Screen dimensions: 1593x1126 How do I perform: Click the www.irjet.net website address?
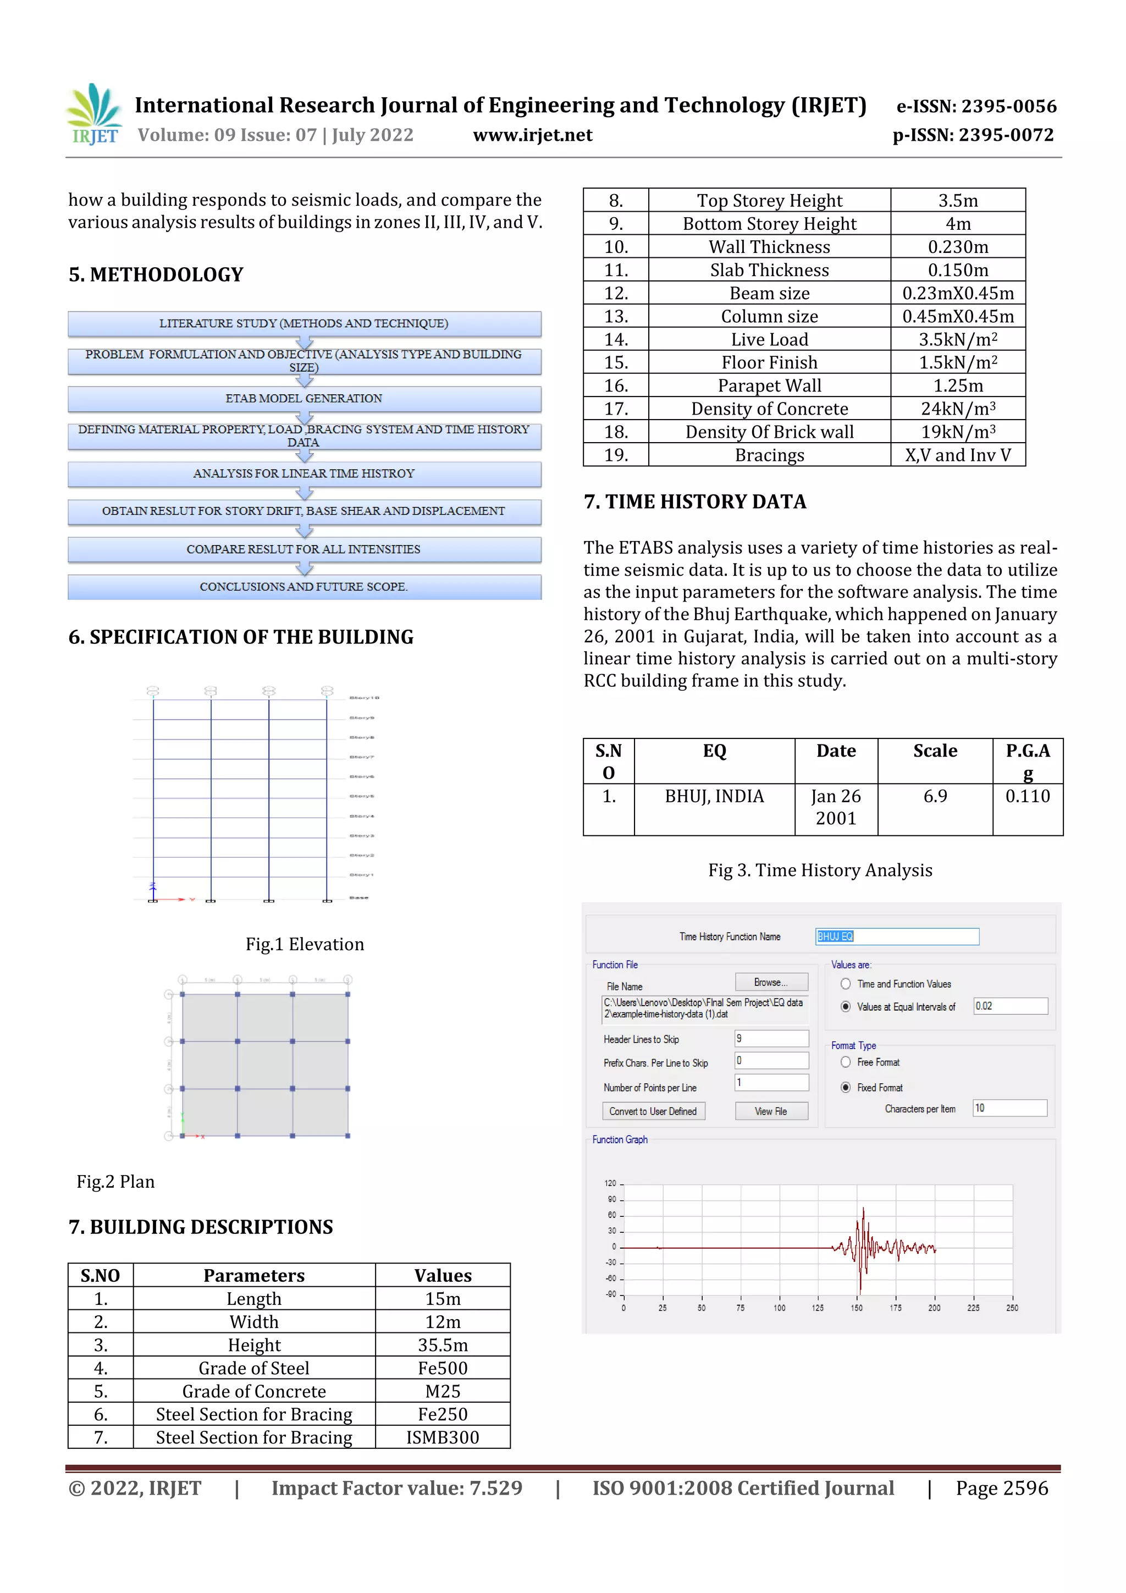click(x=532, y=135)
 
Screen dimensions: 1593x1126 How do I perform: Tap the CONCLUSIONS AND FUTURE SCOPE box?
click(x=304, y=587)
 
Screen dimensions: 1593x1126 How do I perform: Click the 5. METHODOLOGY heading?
click(x=156, y=275)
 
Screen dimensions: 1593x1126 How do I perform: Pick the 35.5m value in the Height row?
click(x=443, y=1346)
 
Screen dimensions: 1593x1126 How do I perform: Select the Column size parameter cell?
click(x=769, y=316)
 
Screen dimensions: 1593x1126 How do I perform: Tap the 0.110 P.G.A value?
click(x=1028, y=796)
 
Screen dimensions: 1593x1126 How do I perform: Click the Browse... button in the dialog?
click(x=771, y=983)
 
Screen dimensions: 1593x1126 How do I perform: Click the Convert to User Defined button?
click(x=653, y=1111)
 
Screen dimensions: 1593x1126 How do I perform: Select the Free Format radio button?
click(x=845, y=1062)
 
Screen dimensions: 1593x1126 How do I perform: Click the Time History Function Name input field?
click(x=896, y=936)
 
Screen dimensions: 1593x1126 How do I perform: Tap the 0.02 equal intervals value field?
click(x=1010, y=1006)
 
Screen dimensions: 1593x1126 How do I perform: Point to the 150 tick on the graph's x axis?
click(x=857, y=1308)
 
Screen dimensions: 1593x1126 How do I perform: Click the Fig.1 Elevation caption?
click(x=305, y=944)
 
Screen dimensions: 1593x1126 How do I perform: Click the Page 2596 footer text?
click(x=1001, y=1488)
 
